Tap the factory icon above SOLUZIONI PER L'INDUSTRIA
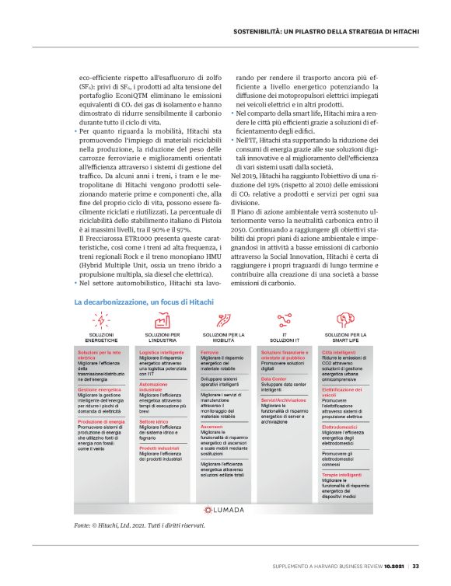coord(163,320)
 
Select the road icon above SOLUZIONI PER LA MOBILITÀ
coord(224,320)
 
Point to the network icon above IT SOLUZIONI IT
coord(285,320)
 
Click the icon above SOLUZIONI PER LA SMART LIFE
coord(346,320)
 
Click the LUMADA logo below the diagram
coord(225,488)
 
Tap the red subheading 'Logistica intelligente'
coord(161,351)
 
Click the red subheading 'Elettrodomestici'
coord(340,427)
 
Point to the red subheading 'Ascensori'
coord(212,427)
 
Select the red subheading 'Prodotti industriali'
coord(159,448)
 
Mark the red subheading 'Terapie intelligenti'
coord(341,453)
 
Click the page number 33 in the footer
coord(416,565)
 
